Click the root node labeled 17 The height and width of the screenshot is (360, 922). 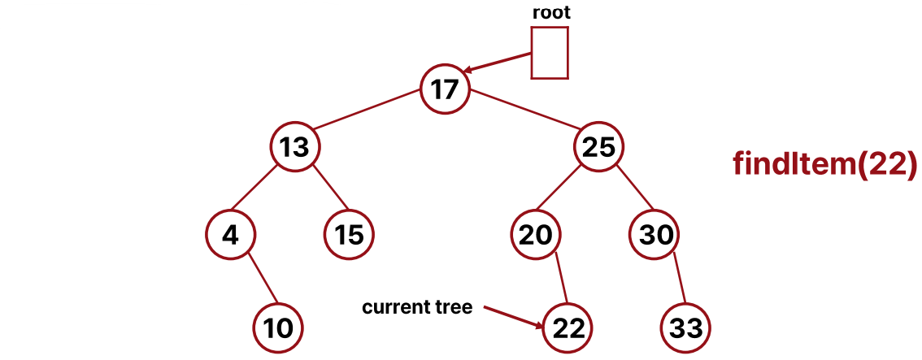pyautogui.click(x=446, y=89)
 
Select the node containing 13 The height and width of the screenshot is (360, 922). pyautogui.click(x=294, y=147)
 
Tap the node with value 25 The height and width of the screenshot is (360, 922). pyautogui.click(x=599, y=147)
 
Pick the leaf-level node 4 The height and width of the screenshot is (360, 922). pyautogui.click(x=231, y=235)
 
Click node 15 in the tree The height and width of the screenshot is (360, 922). pyautogui.click(x=349, y=235)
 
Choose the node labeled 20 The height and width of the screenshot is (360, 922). pyautogui.click(x=536, y=235)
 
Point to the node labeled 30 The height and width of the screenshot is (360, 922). pyautogui.click(x=655, y=235)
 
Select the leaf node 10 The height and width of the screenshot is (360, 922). pyautogui.click(x=278, y=327)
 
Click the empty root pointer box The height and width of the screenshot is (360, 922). pyautogui.click(x=549, y=54)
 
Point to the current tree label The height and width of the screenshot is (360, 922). pyautogui.click(x=416, y=308)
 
